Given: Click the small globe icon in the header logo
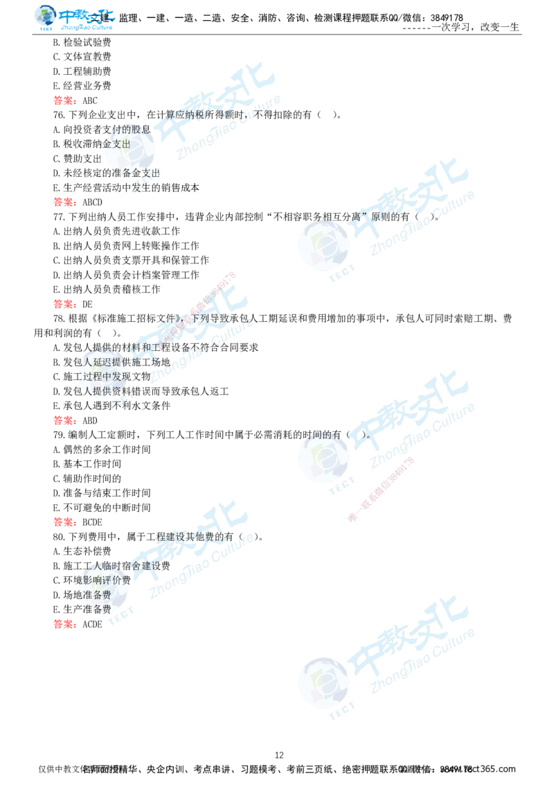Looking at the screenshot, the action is click(44, 17).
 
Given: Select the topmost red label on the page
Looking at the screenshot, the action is click(63, 101).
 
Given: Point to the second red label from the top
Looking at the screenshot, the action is click(63, 202).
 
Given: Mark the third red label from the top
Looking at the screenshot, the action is click(63, 304).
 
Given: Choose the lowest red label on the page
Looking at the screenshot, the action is click(63, 624).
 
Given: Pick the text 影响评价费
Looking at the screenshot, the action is click(102, 579).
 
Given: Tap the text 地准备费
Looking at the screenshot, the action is click(93, 594).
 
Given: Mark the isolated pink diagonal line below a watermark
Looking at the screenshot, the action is click(381, 488).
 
